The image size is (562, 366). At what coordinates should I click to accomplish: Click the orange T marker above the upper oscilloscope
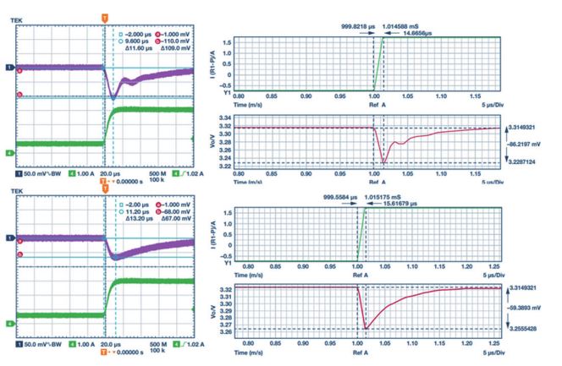(104, 16)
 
